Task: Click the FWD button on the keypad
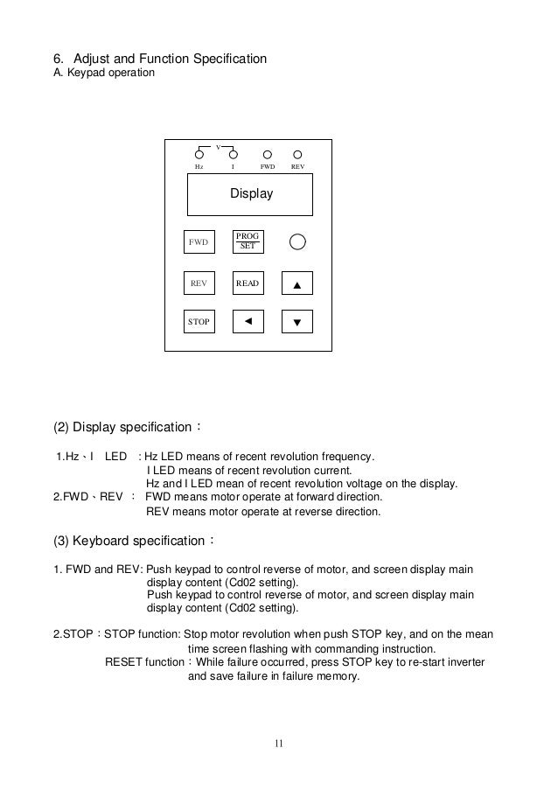[x=199, y=242]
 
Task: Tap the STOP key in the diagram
[x=199, y=322]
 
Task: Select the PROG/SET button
[x=248, y=241]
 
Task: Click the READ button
[x=248, y=283]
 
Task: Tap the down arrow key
[x=296, y=322]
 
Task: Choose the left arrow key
[x=248, y=321]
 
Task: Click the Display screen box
[x=251, y=194]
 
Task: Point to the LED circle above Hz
[x=199, y=154]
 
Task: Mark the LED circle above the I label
[x=233, y=154]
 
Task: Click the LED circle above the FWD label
[x=268, y=154]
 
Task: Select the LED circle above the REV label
[x=297, y=154]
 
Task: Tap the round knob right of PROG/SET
[x=297, y=241]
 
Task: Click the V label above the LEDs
[x=219, y=145]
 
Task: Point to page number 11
[x=278, y=745]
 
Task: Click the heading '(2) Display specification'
[x=128, y=428]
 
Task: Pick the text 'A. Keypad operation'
[x=104, y=73]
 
